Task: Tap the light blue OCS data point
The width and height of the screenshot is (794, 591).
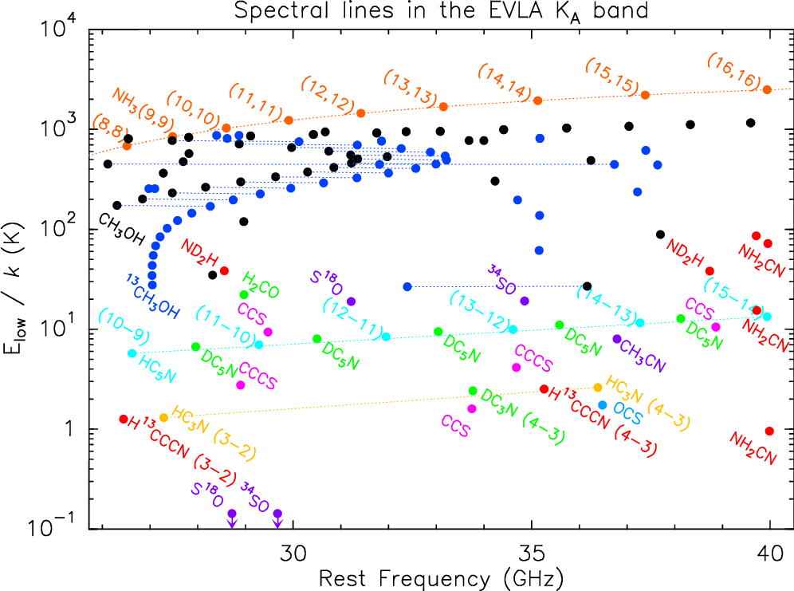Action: point(603,405)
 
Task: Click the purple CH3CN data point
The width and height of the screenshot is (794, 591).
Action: point(617,339)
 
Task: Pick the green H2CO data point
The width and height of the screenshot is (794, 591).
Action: point(244,294)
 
